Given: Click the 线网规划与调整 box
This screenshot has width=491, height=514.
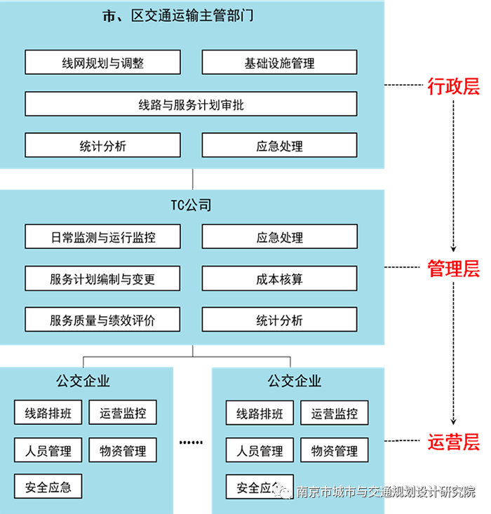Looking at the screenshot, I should (x=102, y=62).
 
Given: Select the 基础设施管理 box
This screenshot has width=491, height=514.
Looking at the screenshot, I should (x=279, y=62).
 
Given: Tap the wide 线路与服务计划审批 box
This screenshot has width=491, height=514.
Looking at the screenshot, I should (x=191, y=104).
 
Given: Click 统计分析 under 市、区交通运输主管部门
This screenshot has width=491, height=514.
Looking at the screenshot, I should (x=102, y=146).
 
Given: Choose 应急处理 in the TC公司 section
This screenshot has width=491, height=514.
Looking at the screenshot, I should (x=279, y=237).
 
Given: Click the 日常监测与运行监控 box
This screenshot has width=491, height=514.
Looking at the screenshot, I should (x=102, y=237).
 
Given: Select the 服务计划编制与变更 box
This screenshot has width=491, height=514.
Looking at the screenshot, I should (x=102, y=278).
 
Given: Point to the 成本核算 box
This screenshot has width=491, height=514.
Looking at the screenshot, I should (x=279, y=278).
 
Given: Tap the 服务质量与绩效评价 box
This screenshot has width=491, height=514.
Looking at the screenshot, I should (x=102, y=320).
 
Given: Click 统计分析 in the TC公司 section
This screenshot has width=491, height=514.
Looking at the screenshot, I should (x=279, y=320).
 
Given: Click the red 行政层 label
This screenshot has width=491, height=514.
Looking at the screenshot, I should (x=454, y=87).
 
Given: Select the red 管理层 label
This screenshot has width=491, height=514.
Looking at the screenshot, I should (x=454, y=269).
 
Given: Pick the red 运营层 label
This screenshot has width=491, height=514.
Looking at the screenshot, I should (x=454, y=442).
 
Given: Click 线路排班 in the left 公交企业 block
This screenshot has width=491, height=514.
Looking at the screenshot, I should (x=48, y=412).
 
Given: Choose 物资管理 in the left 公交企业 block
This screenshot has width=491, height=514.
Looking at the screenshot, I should (x=123, y=450).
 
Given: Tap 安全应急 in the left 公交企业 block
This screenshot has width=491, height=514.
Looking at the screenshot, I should (x=48, y=487).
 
